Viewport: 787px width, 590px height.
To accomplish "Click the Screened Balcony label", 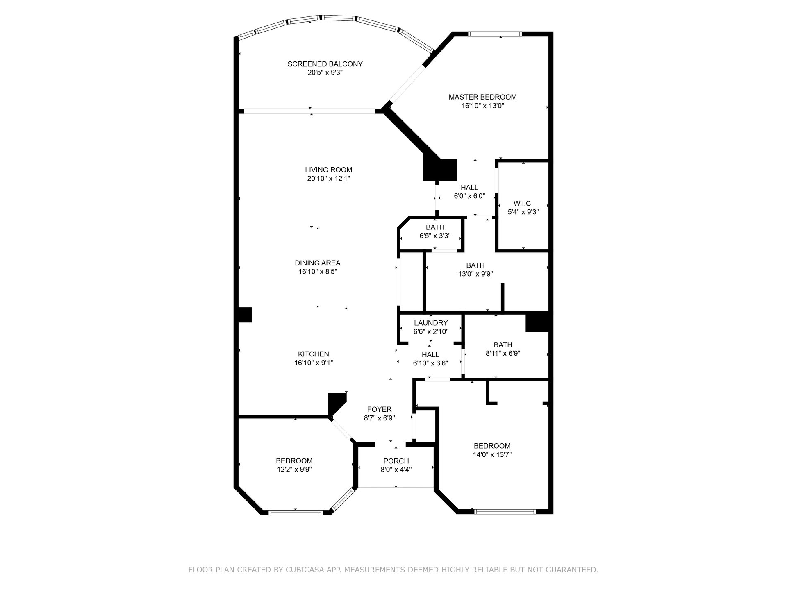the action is [325, 64].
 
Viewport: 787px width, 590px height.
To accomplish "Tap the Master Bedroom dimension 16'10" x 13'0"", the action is [482, 106].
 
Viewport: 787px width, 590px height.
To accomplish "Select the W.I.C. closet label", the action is [523, 204].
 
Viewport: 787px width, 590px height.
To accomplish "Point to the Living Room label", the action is [329, 170].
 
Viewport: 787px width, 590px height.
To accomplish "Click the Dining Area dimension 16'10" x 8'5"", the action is [318, 272].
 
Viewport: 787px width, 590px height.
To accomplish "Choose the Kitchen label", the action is [314, 354].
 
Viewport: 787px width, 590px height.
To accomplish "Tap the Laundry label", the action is [431, 323].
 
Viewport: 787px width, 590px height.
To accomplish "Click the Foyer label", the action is [380, 409].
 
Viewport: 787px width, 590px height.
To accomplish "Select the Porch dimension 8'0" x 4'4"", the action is [396, 470].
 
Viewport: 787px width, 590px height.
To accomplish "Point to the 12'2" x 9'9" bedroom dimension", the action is [294, 470].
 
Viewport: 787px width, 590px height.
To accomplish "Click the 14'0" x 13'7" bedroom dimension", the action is [492, 454].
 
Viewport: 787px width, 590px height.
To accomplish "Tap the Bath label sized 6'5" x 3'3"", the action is [435, 227].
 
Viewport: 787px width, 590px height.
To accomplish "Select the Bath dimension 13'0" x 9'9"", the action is [475, 274].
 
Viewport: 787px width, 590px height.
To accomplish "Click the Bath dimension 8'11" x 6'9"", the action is [503, 353].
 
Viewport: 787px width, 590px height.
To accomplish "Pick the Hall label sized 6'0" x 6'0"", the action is [469, 188].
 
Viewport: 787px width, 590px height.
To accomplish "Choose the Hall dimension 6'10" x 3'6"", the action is [430, 363].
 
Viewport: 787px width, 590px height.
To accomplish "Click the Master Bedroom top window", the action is [495, 34].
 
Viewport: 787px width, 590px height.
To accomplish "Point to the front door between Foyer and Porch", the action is [390, 444].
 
